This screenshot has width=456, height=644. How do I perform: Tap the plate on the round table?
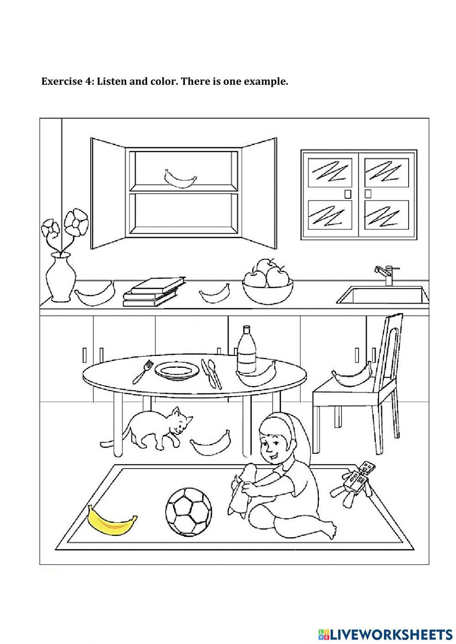coord(177,370)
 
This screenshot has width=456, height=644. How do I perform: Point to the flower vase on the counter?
coord(60,278)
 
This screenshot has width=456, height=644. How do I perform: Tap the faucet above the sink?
coord(385,274)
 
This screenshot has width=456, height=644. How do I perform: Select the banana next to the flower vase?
coord(94,294)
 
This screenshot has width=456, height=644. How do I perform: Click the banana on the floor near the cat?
coord(210,443)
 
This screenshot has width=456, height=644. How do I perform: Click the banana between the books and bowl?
coord(214,293)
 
